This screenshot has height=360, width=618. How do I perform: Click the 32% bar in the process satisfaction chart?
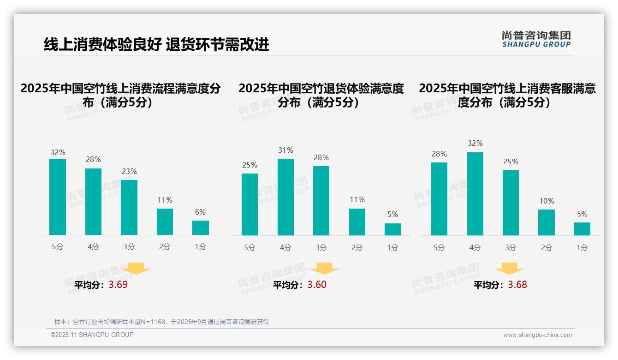pyautogui.click(x=58, y=197)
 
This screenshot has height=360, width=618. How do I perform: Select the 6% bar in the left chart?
pyautogui.click(x=201, y=228)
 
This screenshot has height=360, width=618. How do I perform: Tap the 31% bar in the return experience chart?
pyautogui.click(x=285, y=197)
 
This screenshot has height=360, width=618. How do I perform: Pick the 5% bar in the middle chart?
pyautogui.click(x=392, y=229)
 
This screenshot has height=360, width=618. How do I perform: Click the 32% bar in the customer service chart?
pyautogui.click(x=475, y=194)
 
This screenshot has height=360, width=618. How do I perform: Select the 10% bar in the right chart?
pyautogui.click(x=547, y=222)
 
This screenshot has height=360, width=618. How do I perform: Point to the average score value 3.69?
pyautogui.click(x=118, y=285)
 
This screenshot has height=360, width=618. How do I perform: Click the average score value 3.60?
pyautogui.click(x=317, y=285)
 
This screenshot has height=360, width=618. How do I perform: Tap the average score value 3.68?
pyautogui.click(x=517, y=285)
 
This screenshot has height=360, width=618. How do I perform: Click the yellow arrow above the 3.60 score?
pyautogui.click(x=324, y=269)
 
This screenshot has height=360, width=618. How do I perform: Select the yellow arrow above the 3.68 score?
pyautogui.click(x=509, y=269)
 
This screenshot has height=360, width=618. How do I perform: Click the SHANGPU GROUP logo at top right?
pyautogui.click(x=536, y=39)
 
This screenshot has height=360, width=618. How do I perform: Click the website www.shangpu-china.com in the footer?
pyautogui.click(x=537, y=335)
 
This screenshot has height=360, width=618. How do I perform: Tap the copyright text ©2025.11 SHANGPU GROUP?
pyautogui.click(x=92, y=335)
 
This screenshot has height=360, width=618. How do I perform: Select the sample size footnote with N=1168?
pyautogui.click(x=161, y=322)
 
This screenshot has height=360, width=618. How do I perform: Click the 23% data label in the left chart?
pyautogui.click(x=129, y=172)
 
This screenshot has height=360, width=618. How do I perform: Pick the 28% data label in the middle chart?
pyautogui.click(x=321, y=158)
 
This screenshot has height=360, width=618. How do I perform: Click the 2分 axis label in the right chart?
pyautogui.click(x=547, y=247)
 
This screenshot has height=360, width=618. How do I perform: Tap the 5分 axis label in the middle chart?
pyautogui.click(x=250, y=247)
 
